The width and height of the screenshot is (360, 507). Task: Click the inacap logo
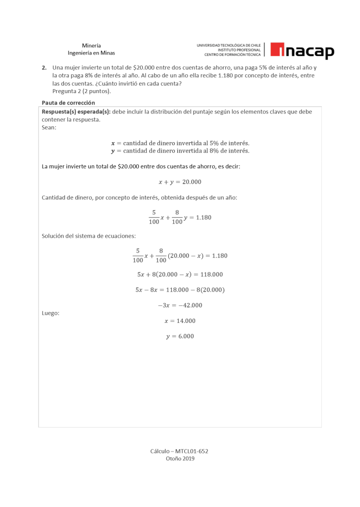[x=303, y=51]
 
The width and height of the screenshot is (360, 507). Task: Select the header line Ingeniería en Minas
[x=91, y=53]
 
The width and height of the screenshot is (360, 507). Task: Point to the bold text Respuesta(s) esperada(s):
[x=76, y=112]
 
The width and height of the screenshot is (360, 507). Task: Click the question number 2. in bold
[x=44, y=67]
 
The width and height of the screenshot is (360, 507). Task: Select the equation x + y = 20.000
[x=180, y=182]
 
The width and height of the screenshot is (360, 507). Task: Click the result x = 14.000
[x=180, y=321]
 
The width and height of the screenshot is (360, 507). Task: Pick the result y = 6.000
[x=180, y=336]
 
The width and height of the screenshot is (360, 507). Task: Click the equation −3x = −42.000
[x=180, y=305]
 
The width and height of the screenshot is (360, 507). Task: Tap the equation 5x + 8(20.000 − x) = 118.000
[x=180, y=274]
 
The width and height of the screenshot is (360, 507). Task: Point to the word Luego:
[x=51, y=313]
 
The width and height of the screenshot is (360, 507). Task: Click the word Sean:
[x=49, y=127]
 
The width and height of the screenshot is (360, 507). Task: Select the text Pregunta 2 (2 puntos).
[x=82, y=91]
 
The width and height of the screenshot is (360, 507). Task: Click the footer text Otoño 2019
[x=180, y=458]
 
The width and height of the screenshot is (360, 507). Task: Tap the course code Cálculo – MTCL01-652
[x=180, y=451]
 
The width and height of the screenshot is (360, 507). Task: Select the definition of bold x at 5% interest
[x=180, y=143]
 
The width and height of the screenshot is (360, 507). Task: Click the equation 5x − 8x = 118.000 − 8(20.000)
[x=180, y=290]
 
